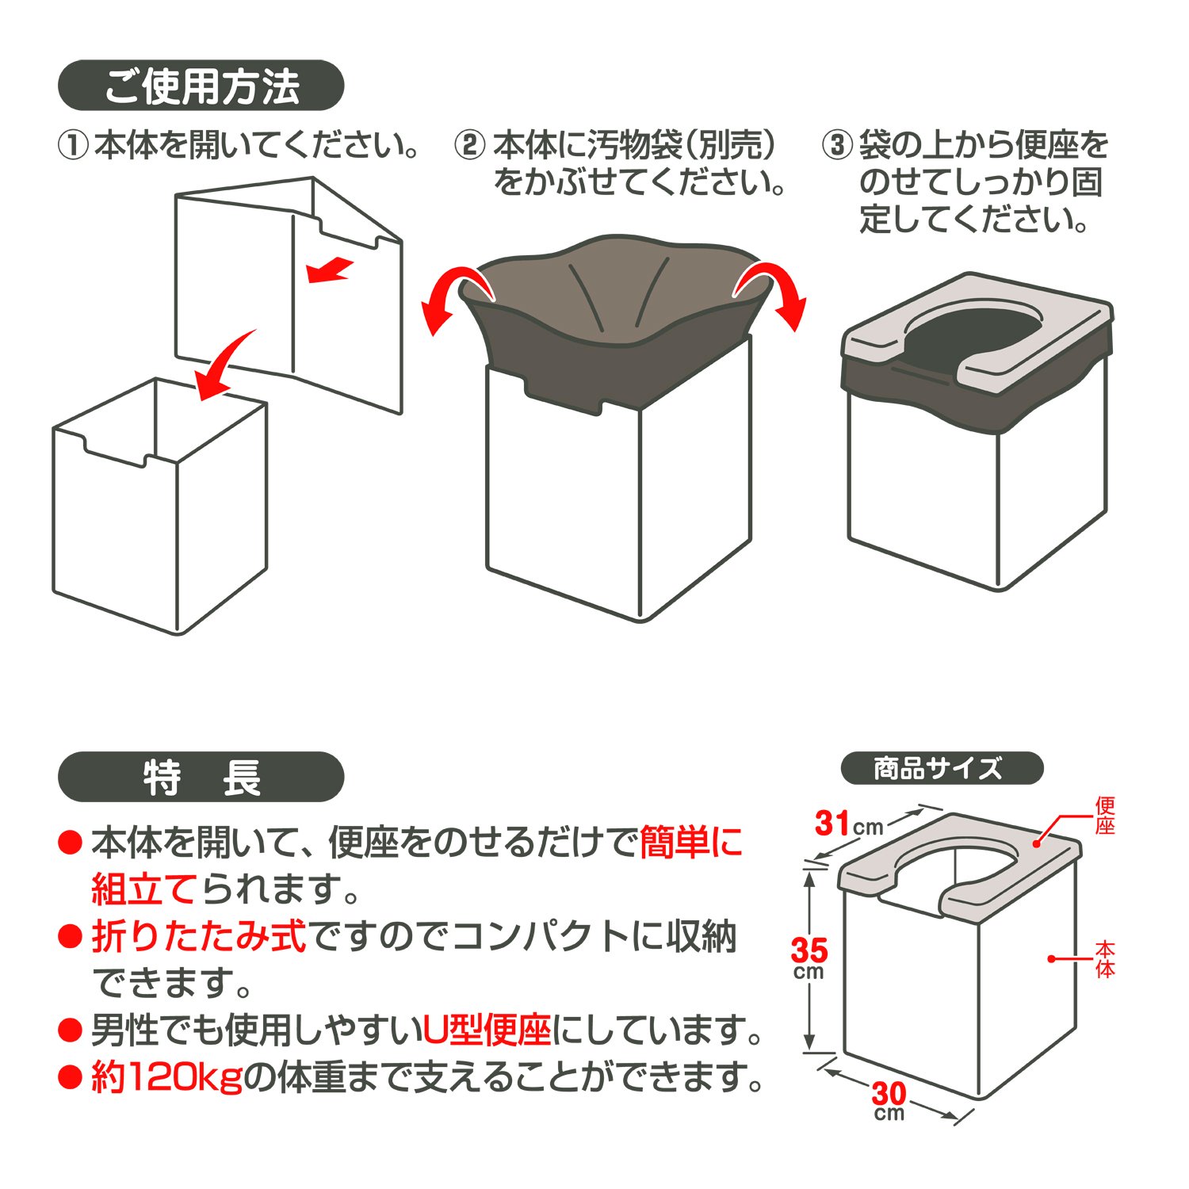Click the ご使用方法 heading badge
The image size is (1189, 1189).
(x=201, y=86)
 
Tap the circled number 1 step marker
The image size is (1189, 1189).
(x=72, y=146)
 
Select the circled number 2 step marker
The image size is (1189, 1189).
(x=469, y=146)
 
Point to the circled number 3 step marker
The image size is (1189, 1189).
(x=836, y=146)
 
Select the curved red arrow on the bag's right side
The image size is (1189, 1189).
(x=773, y=293)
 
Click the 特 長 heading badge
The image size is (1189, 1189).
(x=201, y=777)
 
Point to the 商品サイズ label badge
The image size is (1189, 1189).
(x=942, y=768)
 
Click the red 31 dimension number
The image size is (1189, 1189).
(x=832, y=824)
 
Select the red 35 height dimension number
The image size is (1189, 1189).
(x=809, y=950)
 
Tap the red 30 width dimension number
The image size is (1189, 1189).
(x=889, y=1094)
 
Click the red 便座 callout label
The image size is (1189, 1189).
(x=1105, y=816)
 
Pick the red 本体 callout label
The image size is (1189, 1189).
(x=1105, y=958)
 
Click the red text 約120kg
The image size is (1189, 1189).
(x=167, y=1077)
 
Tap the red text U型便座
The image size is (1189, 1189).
(x=487, y=1030)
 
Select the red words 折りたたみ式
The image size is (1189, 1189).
(x=199, y=936)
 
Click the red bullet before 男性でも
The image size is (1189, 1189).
(x=71, y=1030)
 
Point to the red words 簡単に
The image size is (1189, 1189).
(x=690, y=842)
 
